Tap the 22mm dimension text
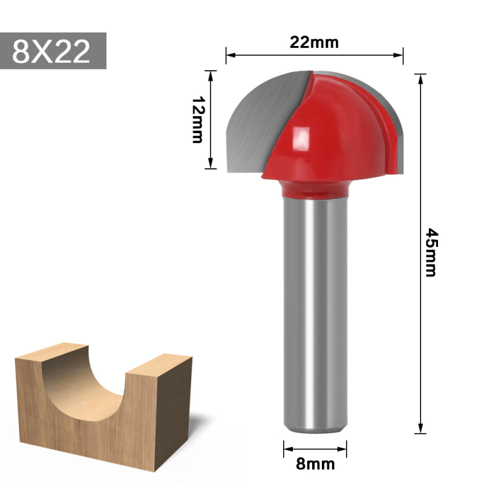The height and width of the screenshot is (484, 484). pos(314,42)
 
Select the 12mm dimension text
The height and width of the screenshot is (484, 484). pos(197,120)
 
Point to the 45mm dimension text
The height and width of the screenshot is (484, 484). pos(431,252)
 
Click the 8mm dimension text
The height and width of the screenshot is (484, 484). pos(315,464)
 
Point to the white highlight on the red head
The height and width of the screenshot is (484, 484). pos(299,140)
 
